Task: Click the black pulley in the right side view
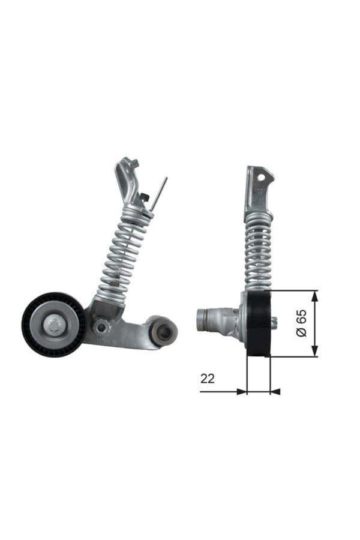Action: tap(259, 324)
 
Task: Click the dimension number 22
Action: tap(208, 379)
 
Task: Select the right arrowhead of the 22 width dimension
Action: tap(275, 392)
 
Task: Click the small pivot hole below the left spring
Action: tap(102, 326)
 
